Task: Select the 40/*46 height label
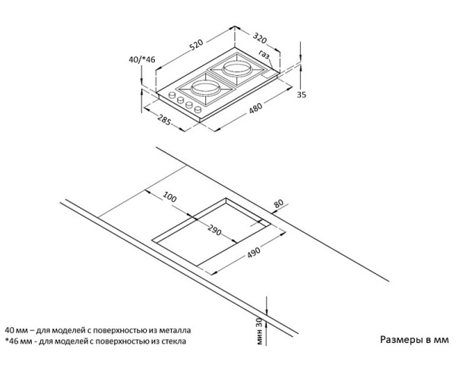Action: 141,59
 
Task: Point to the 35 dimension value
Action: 301,94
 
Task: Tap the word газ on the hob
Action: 264,54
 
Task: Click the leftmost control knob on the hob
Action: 171,97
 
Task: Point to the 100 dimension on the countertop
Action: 169,197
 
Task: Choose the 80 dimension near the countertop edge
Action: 278,204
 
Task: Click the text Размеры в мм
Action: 414,340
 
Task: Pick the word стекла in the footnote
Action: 170,341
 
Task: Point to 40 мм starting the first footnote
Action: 16,331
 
